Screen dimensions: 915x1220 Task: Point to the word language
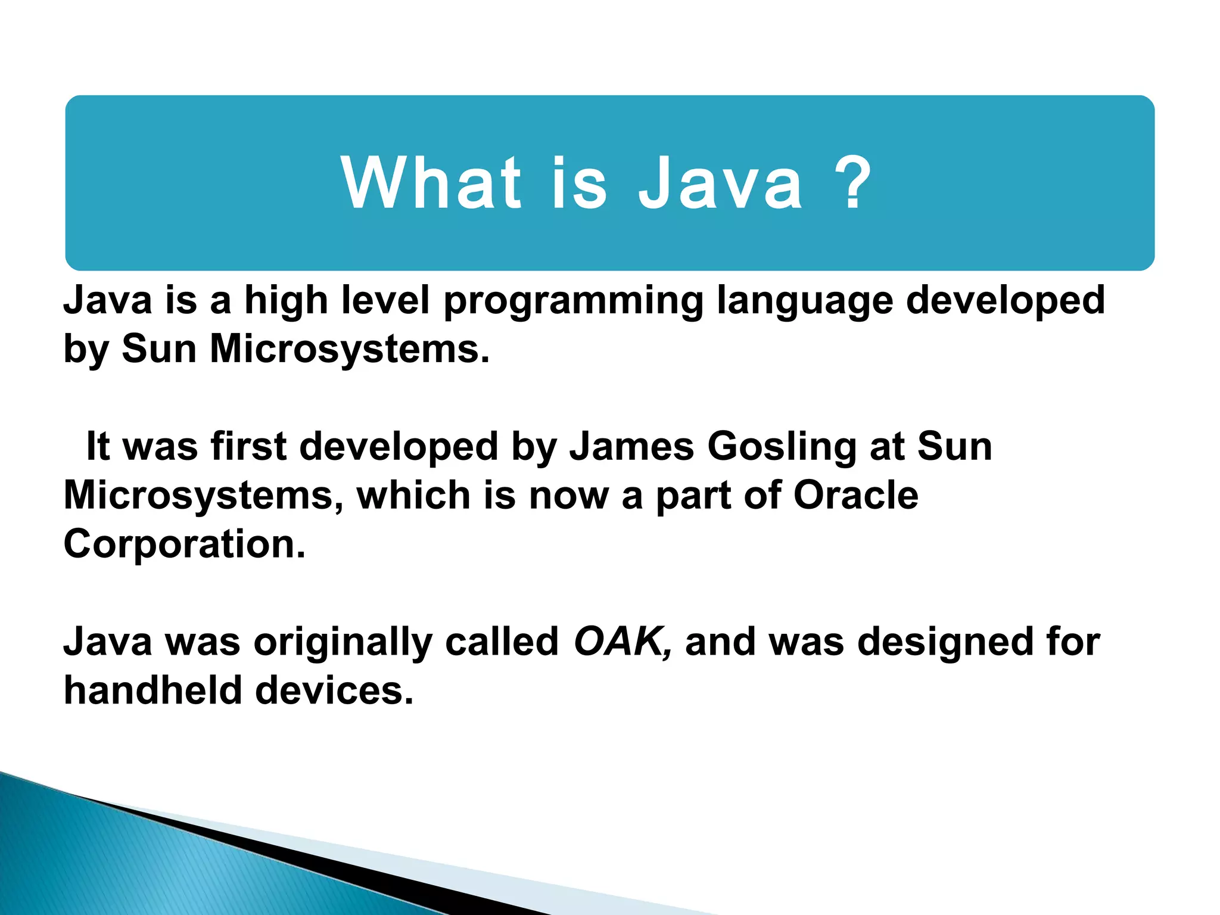[x=805, y=301]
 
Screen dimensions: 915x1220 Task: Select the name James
[x=631, y=446]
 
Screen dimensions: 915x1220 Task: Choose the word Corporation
[x=184, y=544]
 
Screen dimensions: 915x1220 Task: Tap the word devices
[x=334, y=690]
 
